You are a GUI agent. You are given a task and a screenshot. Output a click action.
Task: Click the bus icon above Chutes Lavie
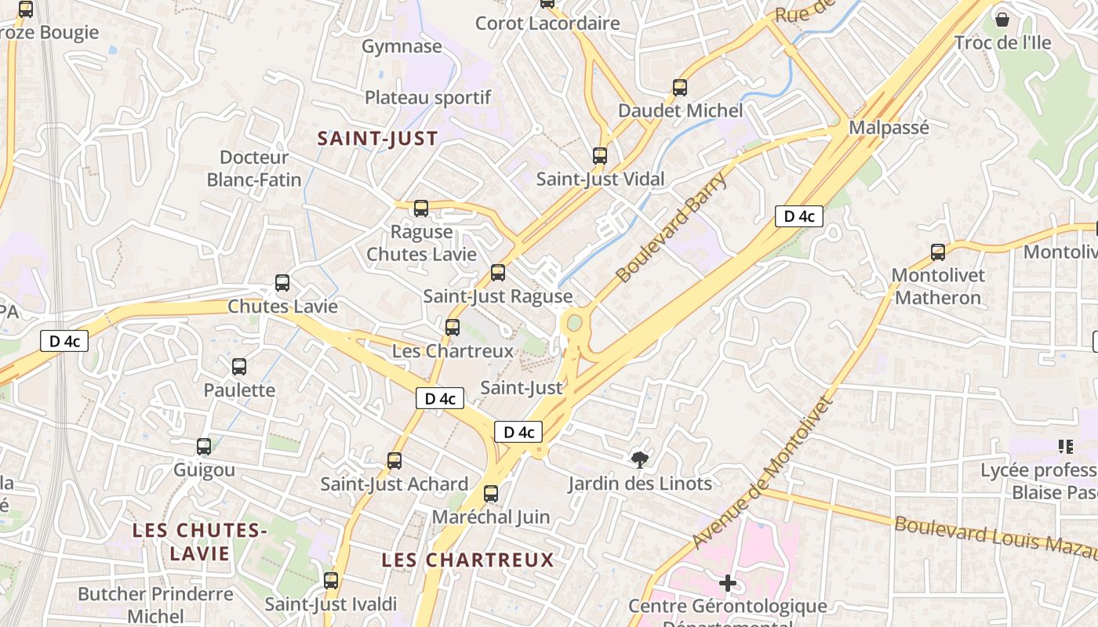(x=282, y=283)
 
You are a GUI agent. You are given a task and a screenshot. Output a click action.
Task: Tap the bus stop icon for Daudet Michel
(x=680, y=88)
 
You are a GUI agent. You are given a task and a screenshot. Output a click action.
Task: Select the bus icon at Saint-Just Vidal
(x=600, y=156)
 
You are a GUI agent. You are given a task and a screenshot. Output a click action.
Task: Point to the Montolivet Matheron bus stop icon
(x=938, y=252)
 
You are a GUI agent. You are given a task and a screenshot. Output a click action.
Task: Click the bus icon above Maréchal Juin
(x=491, y=494)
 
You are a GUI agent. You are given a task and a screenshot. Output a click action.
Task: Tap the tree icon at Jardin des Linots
(x=640, y=460)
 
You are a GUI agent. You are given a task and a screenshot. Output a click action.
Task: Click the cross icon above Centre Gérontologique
(x=728, y=583)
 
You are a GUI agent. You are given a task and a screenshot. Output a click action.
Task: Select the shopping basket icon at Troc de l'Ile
(x=1002, y=20)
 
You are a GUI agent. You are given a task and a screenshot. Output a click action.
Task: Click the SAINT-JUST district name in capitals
(x=377, y=139)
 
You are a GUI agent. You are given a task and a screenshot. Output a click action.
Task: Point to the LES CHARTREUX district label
(x=467, y=560)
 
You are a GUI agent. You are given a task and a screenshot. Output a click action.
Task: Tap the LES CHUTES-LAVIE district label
(x=199, y=542)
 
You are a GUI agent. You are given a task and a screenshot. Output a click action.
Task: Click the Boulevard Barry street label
(x=671, y=227)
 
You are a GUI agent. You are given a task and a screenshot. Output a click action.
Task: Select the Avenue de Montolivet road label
(x=761, y=473)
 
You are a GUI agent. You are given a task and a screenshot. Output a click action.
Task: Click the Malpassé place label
(x=889, y=128)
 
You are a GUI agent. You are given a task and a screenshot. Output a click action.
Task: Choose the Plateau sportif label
(x=427, y=97)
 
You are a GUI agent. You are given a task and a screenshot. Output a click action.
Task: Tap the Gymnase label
(x=402, y=46)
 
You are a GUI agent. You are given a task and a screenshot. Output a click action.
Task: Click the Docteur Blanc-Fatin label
(x=254, y=169)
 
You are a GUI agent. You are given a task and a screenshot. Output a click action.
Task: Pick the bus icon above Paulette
(x=239, y=367)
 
